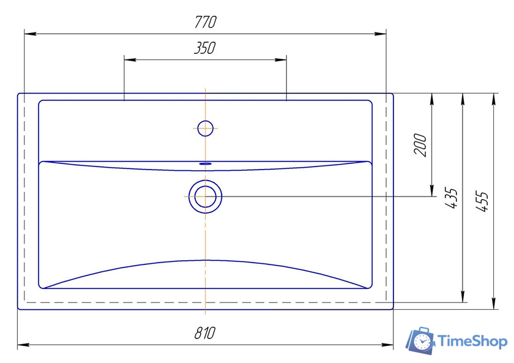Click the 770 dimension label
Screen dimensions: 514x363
coord(206,21)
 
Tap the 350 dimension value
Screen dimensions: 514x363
coord(205,48)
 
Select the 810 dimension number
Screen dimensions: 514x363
coord(205,333)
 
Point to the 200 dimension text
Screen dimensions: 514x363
coord(420,144)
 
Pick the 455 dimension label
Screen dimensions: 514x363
coord(482,201)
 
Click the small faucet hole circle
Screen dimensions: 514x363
coord(206,128)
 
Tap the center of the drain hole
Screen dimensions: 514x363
coord(205,196)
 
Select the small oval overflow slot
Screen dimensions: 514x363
coord(206,163)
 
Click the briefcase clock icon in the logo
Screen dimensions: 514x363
coord(420,340)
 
